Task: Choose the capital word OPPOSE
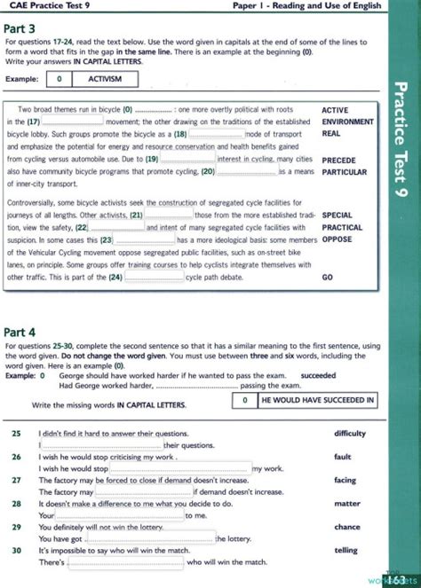coord(337,239)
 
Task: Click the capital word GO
coord(327,277)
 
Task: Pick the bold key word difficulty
coord(350,433)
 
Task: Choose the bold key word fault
coord(343,456)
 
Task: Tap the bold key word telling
coord(346,550)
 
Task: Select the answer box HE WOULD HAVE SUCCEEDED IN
coord(316,401)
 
